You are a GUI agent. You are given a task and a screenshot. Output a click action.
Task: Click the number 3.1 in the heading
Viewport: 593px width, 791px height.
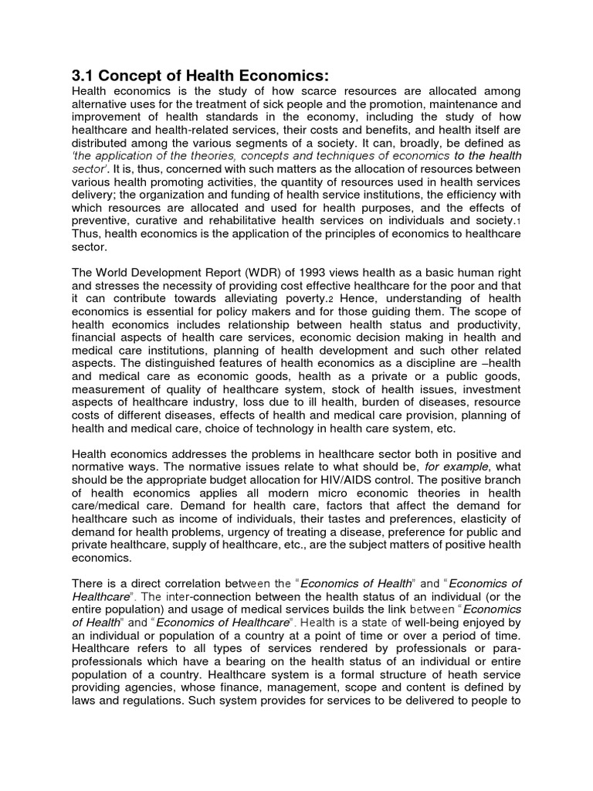tap(83, 75)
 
